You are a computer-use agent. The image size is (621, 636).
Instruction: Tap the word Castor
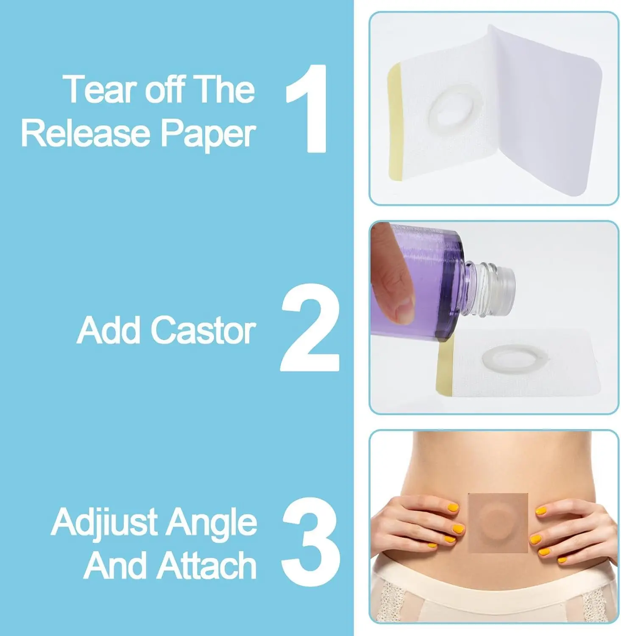tap(203, 330)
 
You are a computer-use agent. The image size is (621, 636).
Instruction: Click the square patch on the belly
tap(498, 523)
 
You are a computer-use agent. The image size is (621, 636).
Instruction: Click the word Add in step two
tap(109, 330)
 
